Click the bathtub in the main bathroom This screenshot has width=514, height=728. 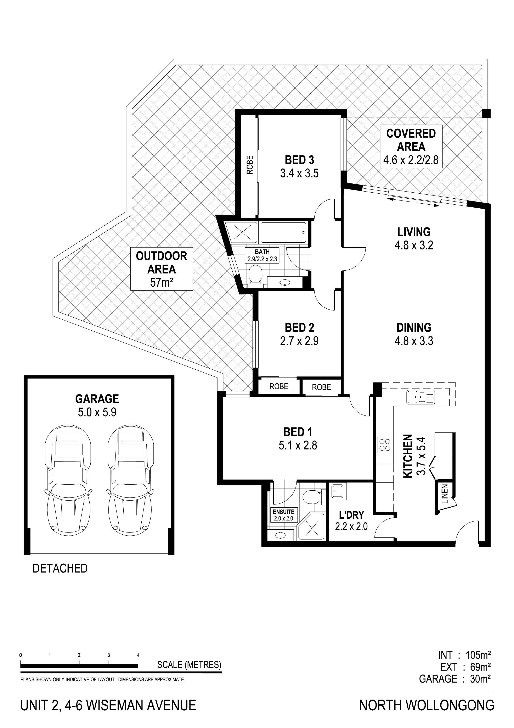[283, 232]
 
